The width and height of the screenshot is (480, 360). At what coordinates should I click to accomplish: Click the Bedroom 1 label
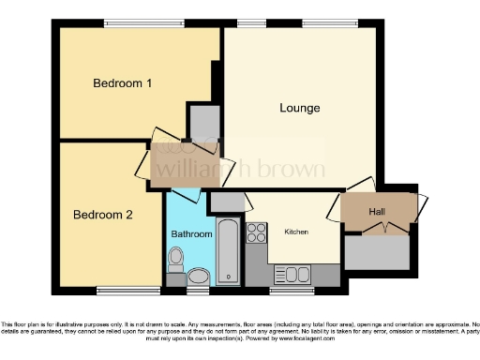coord(122,83)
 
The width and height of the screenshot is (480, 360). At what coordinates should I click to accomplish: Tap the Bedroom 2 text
coord(102,215)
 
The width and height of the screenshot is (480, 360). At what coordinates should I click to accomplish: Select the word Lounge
coord(299,108)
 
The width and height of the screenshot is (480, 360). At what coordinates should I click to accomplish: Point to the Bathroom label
coord(191,233)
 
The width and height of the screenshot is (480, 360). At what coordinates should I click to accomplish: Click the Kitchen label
coord(296,232)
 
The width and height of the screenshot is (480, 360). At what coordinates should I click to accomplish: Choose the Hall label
coord(376,213)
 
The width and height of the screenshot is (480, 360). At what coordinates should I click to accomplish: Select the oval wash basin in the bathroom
coord(198,276)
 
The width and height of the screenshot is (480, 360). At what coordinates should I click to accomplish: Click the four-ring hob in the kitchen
coord(257,232)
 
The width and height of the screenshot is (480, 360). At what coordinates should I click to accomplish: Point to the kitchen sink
coord(286,274)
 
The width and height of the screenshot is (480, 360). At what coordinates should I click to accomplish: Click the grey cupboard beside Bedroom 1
coord(202,121)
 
